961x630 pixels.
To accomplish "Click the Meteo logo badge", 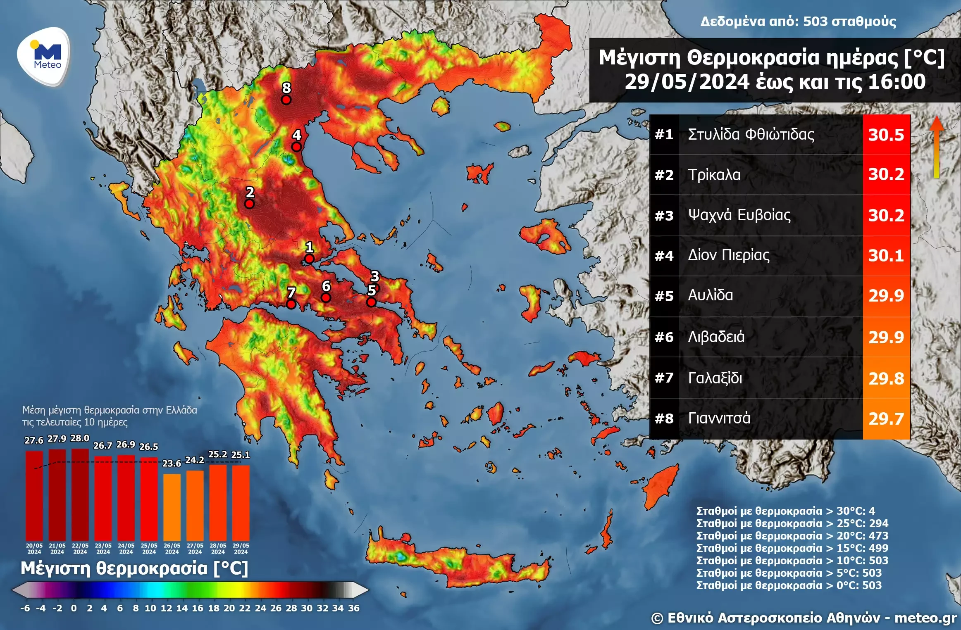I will coord(44,57).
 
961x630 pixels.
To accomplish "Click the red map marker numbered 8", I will coord(286,100).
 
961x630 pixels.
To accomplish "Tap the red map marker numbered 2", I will coord(249,204).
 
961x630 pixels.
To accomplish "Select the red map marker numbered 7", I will coord(291,304).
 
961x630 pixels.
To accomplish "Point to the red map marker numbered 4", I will coord(296,147).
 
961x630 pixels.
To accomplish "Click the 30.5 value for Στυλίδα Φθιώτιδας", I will coord(886,135).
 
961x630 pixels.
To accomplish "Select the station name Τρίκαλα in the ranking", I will coord(714,175).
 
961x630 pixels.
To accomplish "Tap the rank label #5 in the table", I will coord(664,296).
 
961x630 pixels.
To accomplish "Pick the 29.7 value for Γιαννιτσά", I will coord(886,419).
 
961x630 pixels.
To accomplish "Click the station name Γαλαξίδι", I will coord(715,378).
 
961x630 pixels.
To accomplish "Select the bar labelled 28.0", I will coord(80,494).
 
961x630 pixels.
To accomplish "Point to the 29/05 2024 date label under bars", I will coord(241,549).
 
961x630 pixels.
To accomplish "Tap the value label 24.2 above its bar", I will coord(194,460).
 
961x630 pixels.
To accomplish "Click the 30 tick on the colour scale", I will coord(306,608).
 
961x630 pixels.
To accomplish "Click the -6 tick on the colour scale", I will coord(25,608).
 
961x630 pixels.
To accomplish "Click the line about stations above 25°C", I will coord(792,523).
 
